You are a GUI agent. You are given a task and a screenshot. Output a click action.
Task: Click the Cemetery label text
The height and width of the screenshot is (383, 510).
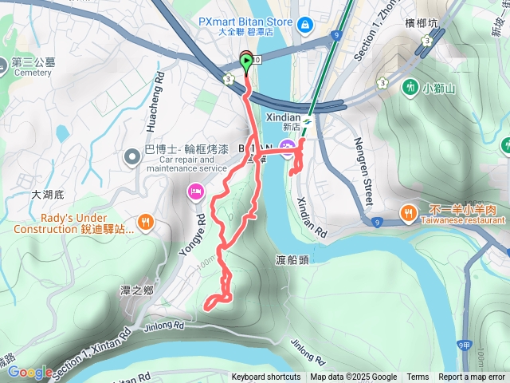click(32, 73)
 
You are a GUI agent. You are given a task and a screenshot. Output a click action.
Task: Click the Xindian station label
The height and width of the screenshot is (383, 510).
click(303, 116)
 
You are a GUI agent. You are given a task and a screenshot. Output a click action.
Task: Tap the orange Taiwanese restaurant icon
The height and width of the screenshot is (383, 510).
click(407, 212)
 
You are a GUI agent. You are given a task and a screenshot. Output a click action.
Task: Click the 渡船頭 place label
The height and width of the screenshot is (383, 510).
click(292, 259)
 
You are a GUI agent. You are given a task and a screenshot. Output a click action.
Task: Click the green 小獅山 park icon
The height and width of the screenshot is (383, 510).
click(410, 86)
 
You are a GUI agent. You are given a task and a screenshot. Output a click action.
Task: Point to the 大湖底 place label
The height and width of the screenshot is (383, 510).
click(46, 193)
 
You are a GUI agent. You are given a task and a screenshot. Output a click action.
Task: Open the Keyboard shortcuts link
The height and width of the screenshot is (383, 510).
click(266, 377)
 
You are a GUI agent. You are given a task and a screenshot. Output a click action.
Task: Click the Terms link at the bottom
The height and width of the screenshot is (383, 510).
click(418, 377)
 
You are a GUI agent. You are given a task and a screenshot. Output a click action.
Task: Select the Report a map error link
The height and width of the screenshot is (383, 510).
click(473, 377)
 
